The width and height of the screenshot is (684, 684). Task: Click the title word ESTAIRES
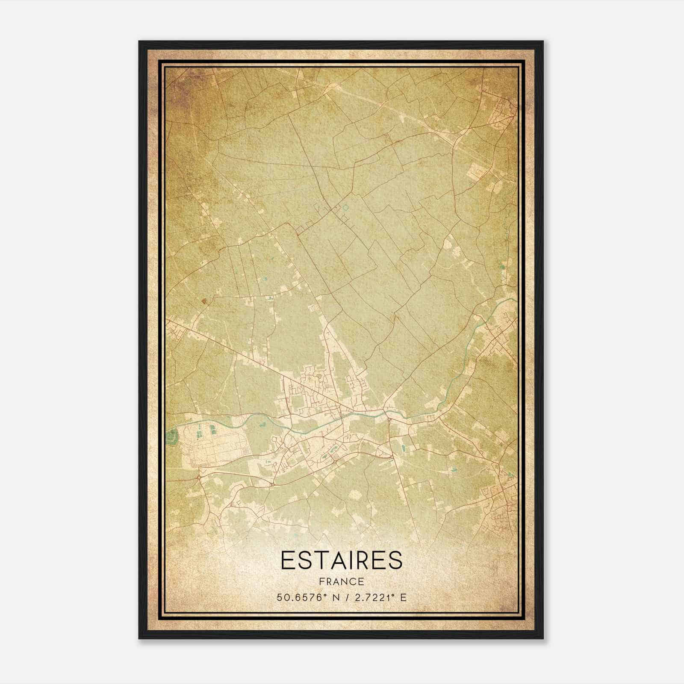point(342,560)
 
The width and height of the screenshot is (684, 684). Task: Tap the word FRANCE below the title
point(342,581)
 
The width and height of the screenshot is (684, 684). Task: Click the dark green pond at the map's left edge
point(173,436)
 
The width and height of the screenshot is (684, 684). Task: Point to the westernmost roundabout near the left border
point(199,477)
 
